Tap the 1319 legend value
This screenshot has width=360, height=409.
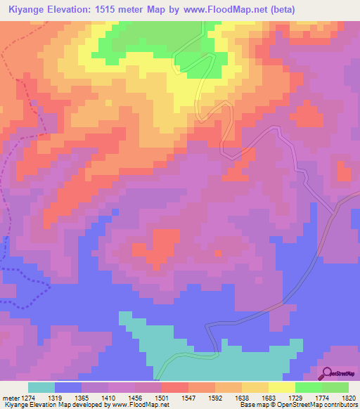(x=67, y=397)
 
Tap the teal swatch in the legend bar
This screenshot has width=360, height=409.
(x=41, y=387)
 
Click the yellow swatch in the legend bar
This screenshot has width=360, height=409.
(x=281, y=387)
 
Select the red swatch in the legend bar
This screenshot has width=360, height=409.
(x=174, y=387)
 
